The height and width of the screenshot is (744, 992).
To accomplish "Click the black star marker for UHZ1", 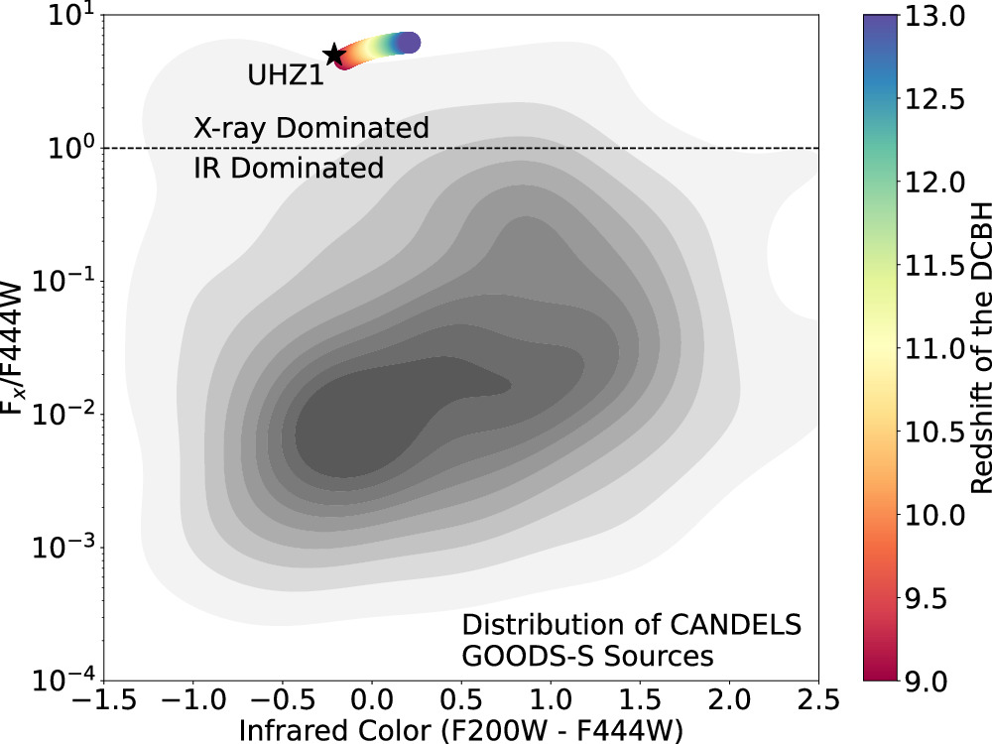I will click(333, 55).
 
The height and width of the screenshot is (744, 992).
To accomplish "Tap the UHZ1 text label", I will click(286, 75).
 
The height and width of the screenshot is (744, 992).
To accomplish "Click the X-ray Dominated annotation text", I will click(310, 128).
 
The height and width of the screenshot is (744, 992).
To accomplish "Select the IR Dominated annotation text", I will click(288, 169).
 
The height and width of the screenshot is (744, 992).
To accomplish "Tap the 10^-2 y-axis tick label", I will click(65, 415).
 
